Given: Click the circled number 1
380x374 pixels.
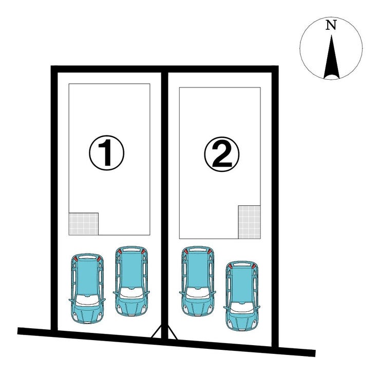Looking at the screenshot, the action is click(x=107, y=153).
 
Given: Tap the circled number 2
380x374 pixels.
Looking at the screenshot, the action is click(x=221, y=154).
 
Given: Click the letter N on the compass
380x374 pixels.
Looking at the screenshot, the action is click(x=331, y=25).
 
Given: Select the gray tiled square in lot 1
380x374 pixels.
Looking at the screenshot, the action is click(x=84, y=224).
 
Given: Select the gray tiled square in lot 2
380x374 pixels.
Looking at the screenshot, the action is click(x=250, y=222).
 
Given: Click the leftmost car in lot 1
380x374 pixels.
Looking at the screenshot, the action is click(x=87, y=289).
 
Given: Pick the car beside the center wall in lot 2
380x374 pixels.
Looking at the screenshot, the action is click(x=198, y=281).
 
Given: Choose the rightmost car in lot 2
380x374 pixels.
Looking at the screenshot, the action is click(x=242, y=296).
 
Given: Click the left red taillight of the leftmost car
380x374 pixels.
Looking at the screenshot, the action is click(x=75, y=259).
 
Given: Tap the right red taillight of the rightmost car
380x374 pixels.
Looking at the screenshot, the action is click(x=254, y=266).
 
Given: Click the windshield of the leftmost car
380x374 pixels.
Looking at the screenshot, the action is click(x=87, y=300).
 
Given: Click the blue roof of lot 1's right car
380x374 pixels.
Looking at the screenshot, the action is click(x=131, y=270).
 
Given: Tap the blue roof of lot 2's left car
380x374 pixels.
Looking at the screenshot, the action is click(x=198, y=270).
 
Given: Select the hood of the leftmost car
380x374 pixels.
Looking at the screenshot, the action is click(x=87, y=313).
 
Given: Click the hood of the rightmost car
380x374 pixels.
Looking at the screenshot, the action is click(x=242, y=320).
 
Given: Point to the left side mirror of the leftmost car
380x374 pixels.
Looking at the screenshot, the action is click(x=71, y=300).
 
